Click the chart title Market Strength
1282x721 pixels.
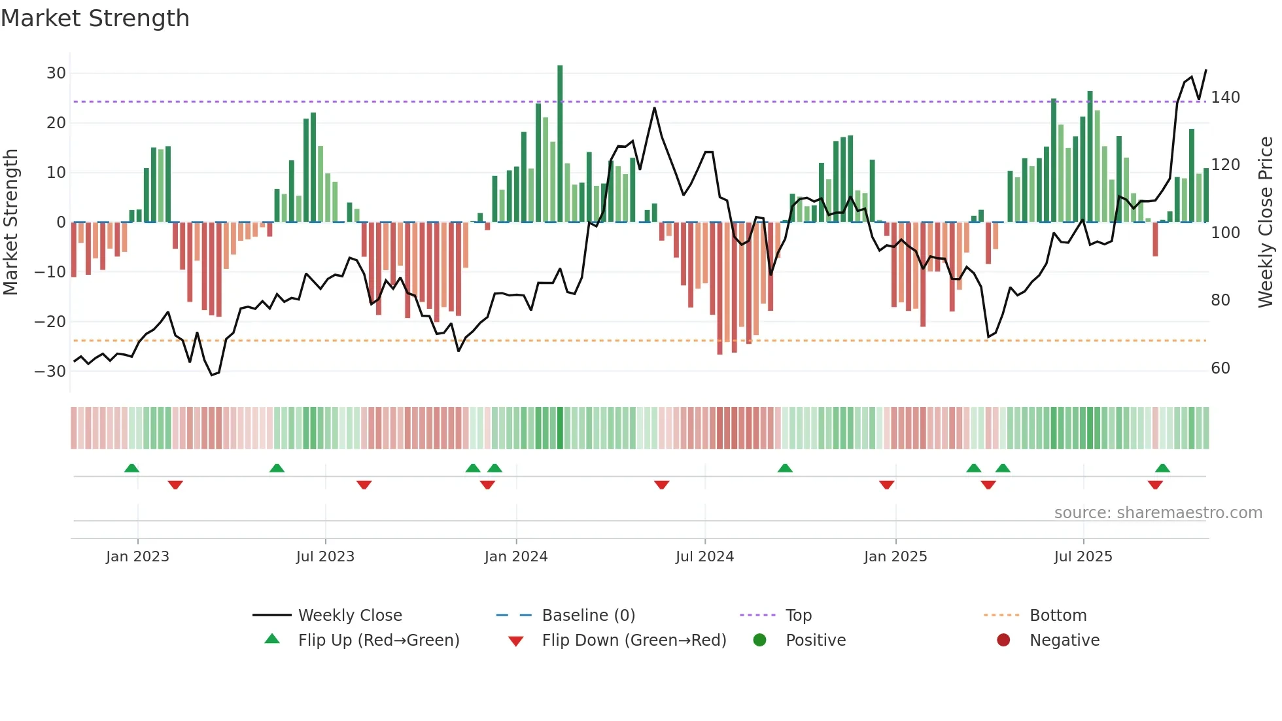pyautogui.click(x=95, y=18)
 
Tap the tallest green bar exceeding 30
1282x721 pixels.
pyautogui.click(x=560, y=144)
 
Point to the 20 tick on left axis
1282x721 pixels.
pyautogui.click(x=56, y=123)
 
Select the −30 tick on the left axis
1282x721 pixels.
pyautogui.click(x=50, y=372)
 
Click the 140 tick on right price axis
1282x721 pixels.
pyautogui.click(x=1225, y=97)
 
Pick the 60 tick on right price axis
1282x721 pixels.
pyautogui.click(x=1220, y=368)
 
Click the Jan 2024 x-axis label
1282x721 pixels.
pyautogui.click(x=515, y=557)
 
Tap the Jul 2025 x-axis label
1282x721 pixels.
pyautogui.click(x=1083, y=557)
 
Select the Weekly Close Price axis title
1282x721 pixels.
pyautogui.click(x=1266, y=222)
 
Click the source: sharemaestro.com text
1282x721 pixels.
pyautogui.click(x=1158, y=513)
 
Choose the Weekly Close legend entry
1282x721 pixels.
pyautogui.click(x=350, y=616)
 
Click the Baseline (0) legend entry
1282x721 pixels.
pyautogui.click(x=588, y=616)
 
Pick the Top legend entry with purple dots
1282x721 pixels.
pyautogui.click(x=798, y=616)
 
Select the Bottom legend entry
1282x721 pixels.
pyautogui.click(x=1058, y=616)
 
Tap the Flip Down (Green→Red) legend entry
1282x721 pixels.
pyautogui.click(x=633, y=641)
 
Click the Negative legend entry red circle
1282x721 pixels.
pyautogui.click(x=1003, y=641)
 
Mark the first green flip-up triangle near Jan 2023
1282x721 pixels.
pyautogui.click(x=131, y=468)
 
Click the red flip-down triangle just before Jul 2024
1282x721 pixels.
pyautogui.click(x=661, y=485)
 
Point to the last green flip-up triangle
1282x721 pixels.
pyautogui.click(x=1162, y=468)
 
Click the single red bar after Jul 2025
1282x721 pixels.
pyautogui.click(x=1155, y=239)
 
